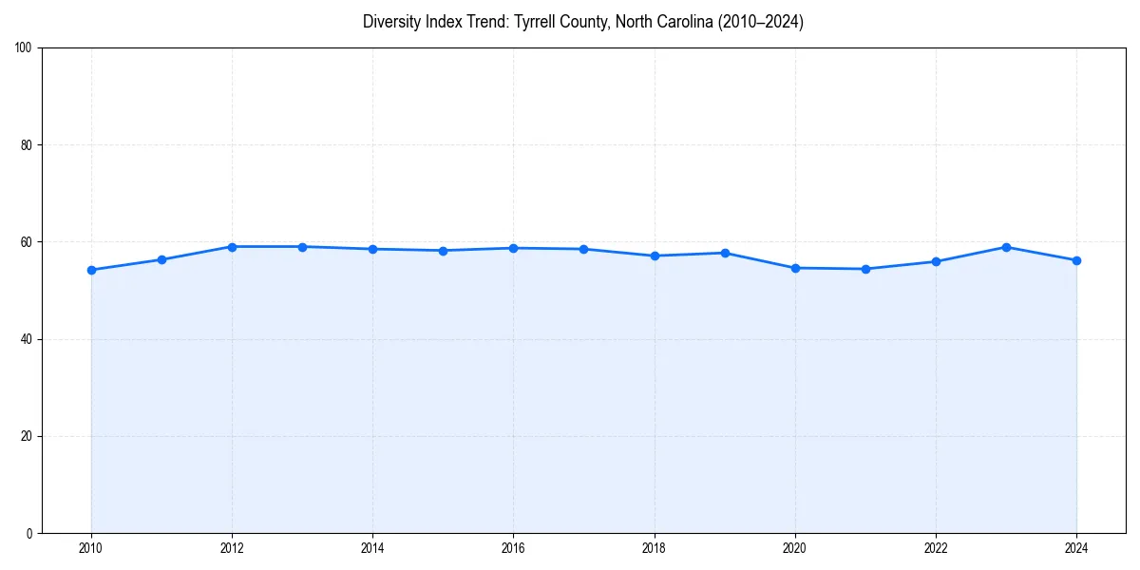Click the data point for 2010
[91, 270]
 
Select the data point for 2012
[232, 247]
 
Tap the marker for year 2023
[1006, 247]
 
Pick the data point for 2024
[1076, 260]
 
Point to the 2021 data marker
[865, 269]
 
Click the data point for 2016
[513, 248]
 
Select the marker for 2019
[725, 253]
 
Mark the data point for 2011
[161, 259]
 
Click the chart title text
[582, 22]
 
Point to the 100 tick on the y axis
[24, 48]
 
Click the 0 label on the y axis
[29, 533]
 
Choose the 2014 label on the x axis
[372, 548]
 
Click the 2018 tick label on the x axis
[654, 548]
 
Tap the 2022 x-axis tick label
[936, 548]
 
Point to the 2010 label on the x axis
[91, 548]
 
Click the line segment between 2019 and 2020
[760, 260]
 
